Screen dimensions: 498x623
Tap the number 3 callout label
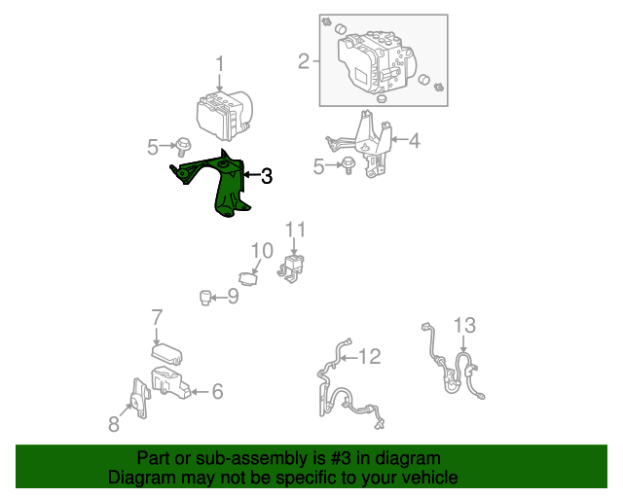(266, 176)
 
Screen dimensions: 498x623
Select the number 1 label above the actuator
(220, 64)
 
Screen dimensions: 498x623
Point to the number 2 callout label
(304, 63)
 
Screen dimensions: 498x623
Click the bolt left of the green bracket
(181, 147)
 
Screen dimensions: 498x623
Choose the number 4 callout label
(415, 141)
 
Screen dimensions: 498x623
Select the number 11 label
(295, 230)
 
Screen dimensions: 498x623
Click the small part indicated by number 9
(206, 296)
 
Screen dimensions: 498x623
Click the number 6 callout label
(217, 391)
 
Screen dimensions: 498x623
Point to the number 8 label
(114, 422)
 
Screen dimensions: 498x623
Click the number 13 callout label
(464, 324)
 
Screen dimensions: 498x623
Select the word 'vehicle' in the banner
(427, 478)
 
